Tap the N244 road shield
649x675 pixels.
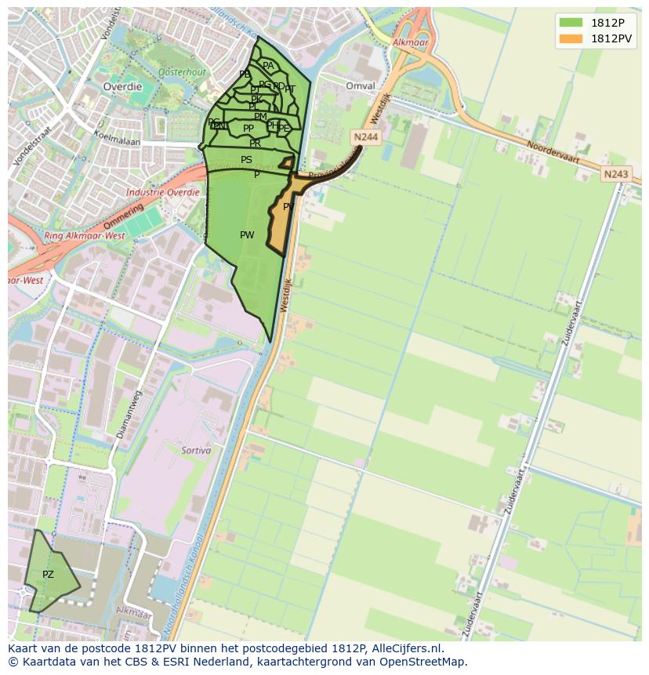pos(366,137)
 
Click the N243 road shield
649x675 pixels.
pos(616,174)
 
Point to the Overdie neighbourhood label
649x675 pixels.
pos(123,87)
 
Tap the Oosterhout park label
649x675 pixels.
pos(181,71)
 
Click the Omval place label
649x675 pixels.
pos(360,86)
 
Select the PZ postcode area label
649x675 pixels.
pos(48,575)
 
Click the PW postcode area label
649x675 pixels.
pos(247,235)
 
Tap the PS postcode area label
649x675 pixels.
pos(246,160)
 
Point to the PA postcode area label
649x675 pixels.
pos(268,67)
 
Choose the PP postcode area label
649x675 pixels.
pos(248,129)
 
